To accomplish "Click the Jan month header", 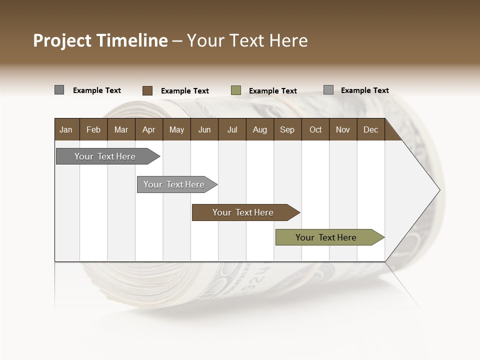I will (x=66, y=129).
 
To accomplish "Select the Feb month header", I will (x=93, y=129).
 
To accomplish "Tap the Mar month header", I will (x=121, y=129).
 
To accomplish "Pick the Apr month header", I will (x=149, y=129).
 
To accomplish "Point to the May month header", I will (x=176, y=129).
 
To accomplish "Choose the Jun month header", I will (x=204, y=129).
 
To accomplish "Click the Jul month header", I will (x=232, y=129).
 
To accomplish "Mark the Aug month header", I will (x=260, y=129).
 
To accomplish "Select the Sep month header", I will (x=287, y=129).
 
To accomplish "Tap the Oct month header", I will (x=315, y=129).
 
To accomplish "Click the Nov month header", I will (x=343, y=129).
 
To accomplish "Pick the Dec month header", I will (x=371, y=129).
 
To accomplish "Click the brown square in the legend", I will (x=147, y=90).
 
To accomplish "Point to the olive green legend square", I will (x=236, y=90).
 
